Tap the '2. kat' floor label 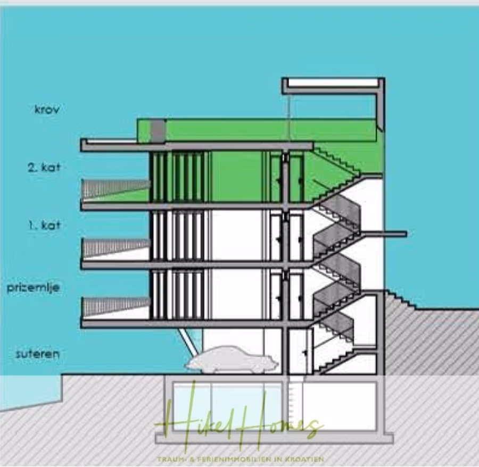click(x=44, y=168)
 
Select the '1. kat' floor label click(x=44, y=226)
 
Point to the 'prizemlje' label click(x=33, y=288)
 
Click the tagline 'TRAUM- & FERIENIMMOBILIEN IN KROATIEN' click(x=240, y=459)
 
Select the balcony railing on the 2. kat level click(x=115, y=187)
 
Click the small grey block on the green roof click(x=158, y=130)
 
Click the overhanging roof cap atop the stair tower click(x=333, y=83)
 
